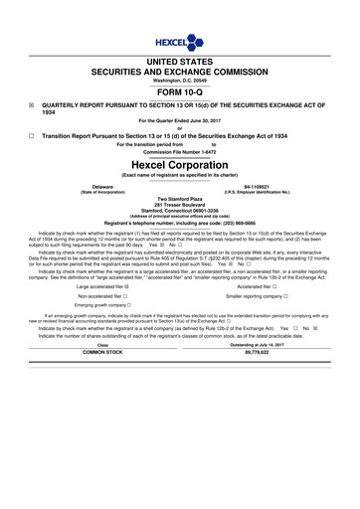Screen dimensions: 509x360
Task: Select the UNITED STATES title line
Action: point(180,63)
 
